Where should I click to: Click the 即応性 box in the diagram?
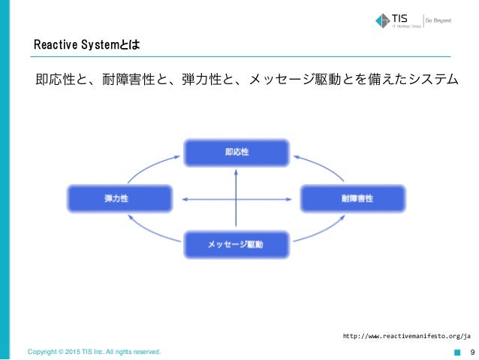(x=236, y=152)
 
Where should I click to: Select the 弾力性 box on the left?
(x=120, y=198)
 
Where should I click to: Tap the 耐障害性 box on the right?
(x=353, y=198)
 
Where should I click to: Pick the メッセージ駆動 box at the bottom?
(x=236, y=244)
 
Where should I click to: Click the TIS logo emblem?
(x=381, y=20)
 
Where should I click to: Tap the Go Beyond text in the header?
(x=438, y=20)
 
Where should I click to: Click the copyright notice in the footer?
(x=94, y=352)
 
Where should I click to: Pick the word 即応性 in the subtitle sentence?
(x=55, y=78)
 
